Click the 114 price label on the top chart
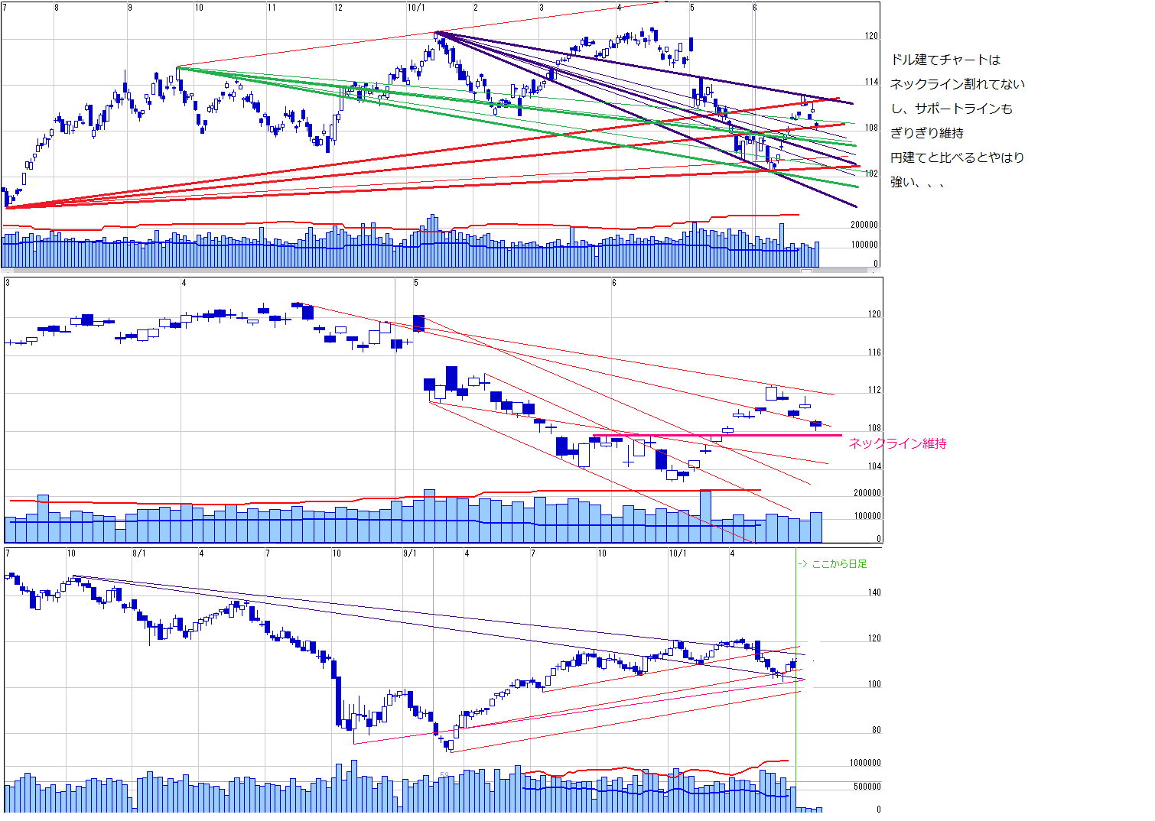pyautogui.click(x=872, y=82)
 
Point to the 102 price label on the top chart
pyautogui.click(x=872, y=174)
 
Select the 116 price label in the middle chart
pyautogui.click(x=875, y=352)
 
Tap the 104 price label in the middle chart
pyautogui.click(x=875, y=466)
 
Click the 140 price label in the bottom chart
pyautogui.click(x=875, y=592)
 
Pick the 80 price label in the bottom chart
pyautogui.click(x=877, y=730)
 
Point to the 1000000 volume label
pyautogui.click(x=865, y=763)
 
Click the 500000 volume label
pyautogui.click(x=867, y=787)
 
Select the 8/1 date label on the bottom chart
pyautogui.click(x=139, y=553)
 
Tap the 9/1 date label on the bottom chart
pyautogui.click(x=409, y=553)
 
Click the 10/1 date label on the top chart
pyautogui.click(x=416, y=8)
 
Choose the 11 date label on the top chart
pyautogui.click(x=272, y=8)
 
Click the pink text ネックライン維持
pyautogui.click(x=897, y=443)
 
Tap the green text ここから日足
pyautogui.click(x=839, y=564)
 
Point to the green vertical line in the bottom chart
pyautogui.click(x=796, y=688)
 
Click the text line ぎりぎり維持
pyautogui.click(x=927, y=133)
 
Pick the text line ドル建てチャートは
pyautogui.click(x=945, y=60)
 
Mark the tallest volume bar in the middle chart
pyautogui.click(x=705, y=516)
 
